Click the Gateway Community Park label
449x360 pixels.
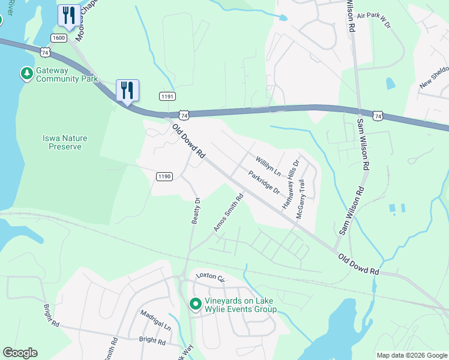click(66, 74)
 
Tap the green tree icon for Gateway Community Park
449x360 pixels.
click(26, 74)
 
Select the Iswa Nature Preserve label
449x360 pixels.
click(65, 142)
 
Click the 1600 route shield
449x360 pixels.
click(59, 37)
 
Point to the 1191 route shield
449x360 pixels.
click(167, 96)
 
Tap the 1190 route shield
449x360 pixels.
click(164, 176)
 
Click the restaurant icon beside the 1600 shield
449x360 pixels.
click(68, 15)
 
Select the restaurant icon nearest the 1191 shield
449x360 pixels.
click(127, 91)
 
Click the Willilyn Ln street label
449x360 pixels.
click(268, 165)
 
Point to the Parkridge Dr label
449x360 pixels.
click(264, 182)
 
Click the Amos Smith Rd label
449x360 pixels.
click(229, 212)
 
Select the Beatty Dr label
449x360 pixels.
click(195, 211)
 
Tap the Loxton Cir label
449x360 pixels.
click(209, 278)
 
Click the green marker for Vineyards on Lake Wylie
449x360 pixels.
click(195, 304)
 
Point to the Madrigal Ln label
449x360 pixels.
click(156, 321)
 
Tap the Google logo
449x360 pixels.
click(20, 353)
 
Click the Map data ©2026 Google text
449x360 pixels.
click(411, 355)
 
